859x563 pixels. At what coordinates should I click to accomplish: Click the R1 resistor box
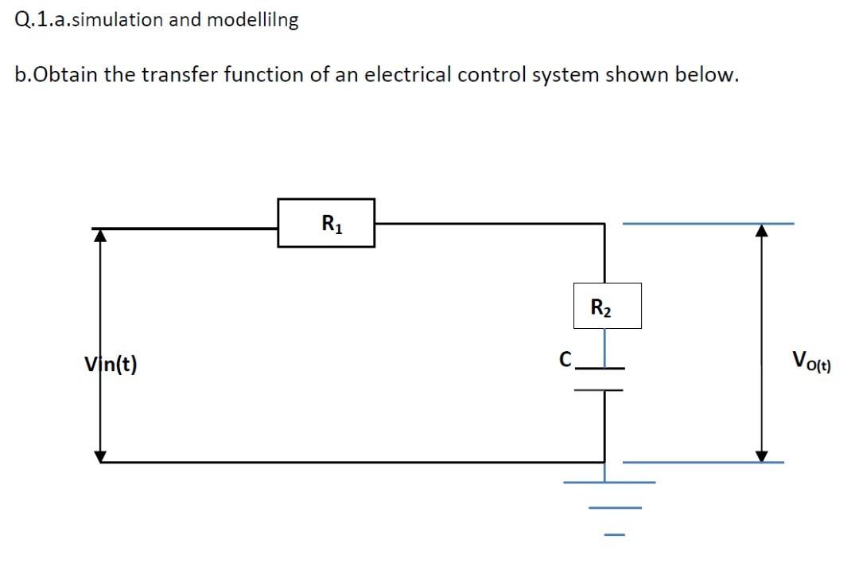[326, 223]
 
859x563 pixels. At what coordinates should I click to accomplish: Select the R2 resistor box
[607, 306]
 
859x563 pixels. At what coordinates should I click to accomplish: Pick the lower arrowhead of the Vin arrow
[100, 455]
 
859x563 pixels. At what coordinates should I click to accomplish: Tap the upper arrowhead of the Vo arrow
[762, 230]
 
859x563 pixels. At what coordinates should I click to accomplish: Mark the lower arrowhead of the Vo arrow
[762, 455]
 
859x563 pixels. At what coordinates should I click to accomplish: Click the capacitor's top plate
[601, 369]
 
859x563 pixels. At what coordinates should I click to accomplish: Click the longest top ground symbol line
[609, 482]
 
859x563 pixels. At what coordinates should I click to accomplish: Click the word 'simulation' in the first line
[111, 20]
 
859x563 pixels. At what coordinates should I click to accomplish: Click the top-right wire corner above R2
[605, 225]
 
